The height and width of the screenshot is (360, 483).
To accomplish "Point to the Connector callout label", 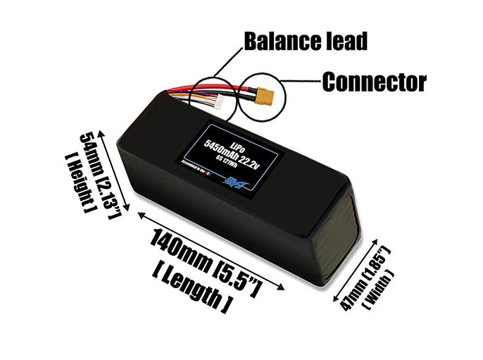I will click(374, 82).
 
